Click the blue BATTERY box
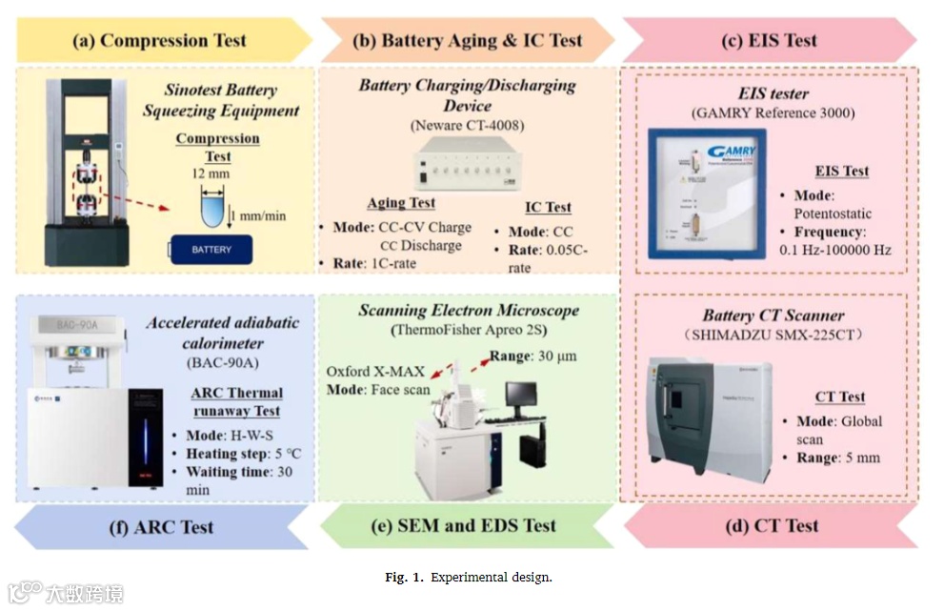(x=211, y=249)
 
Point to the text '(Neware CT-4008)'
(x=467, y=126)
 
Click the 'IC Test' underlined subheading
(x=548, y=208)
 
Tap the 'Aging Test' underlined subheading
(x=401, y=203)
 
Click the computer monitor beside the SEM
(x=523, y=397)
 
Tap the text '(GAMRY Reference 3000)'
(x=773, y=113)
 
